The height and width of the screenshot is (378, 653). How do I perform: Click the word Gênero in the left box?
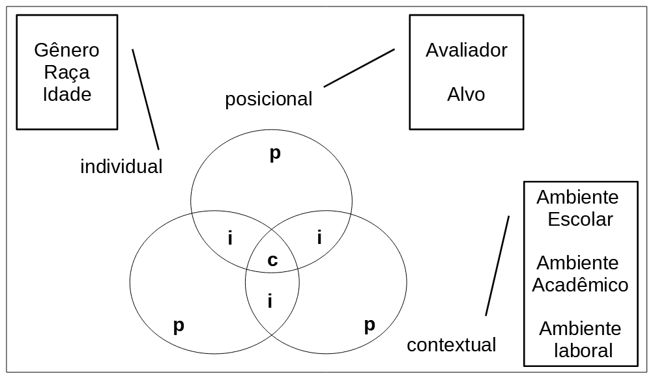66,51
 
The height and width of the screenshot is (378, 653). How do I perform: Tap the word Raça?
66,73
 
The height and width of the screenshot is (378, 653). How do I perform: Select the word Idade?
66,94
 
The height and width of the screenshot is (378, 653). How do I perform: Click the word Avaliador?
466,51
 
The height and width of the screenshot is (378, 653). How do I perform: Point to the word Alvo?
466,95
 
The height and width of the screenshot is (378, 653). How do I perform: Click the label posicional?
268,100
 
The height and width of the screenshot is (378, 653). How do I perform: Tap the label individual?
121,167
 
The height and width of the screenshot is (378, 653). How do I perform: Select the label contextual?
451,345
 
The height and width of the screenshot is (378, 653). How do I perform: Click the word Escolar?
580,219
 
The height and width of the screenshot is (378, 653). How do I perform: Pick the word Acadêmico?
580,285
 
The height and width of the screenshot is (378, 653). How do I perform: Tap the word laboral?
583,351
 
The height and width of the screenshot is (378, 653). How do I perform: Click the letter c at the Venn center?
272,261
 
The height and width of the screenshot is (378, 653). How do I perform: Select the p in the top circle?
274,155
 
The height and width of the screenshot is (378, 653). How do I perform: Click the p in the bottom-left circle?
178,325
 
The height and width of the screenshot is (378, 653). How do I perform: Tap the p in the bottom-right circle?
369,325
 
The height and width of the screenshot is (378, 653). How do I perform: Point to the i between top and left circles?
230,238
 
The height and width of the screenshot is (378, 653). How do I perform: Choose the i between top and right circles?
319,237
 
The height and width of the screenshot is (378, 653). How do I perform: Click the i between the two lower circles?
270,301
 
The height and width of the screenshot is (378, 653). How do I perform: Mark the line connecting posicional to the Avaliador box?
359,68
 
